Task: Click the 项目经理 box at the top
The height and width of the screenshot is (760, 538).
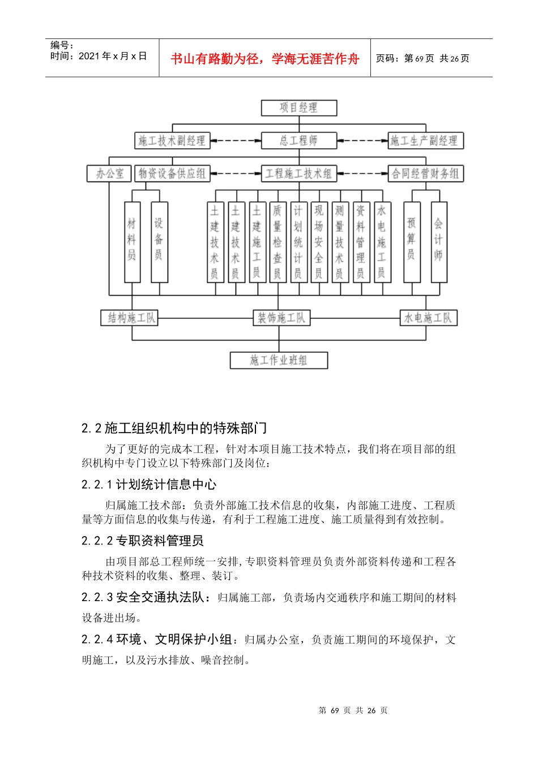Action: click(x=298, y=108)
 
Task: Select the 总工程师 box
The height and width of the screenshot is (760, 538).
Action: click(x=298, y=141)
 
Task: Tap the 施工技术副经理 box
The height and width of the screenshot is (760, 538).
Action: click(x=172, y=141)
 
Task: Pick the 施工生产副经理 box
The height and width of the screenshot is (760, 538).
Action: click(x=425, y=141)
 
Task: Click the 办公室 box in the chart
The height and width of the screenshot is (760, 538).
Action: click(x=109, y=174)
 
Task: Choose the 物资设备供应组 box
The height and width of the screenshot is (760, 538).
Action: click(x=172, y=174)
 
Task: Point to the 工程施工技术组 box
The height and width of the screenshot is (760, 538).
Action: click(x=298, y=174)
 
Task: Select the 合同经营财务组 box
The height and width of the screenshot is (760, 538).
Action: click(x=425, y=174)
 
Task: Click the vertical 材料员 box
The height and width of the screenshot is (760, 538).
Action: click(x=132, y=241)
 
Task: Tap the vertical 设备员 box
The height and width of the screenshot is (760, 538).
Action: click(x=159, y=241)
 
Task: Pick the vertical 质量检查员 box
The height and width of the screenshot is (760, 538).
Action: click(x=277, y=241)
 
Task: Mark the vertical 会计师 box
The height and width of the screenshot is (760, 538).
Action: click(x=438, y=241)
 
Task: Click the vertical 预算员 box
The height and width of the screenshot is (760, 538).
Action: click(x=412, y=241)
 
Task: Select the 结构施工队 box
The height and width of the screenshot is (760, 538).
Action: click(x=131, y=318)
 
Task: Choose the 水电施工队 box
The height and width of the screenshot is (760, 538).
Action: click(x=428, y=318)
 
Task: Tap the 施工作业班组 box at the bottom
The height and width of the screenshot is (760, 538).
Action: click(x=279, y=360)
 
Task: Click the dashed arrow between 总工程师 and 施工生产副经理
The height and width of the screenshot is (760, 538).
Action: click(x=362, y=141)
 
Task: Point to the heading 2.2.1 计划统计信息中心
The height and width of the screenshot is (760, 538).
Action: click(x=149, y=485)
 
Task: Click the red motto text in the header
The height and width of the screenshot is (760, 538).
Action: click(x=264, y=59)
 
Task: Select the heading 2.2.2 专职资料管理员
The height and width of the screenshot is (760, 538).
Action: click(x=143, y=541)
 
